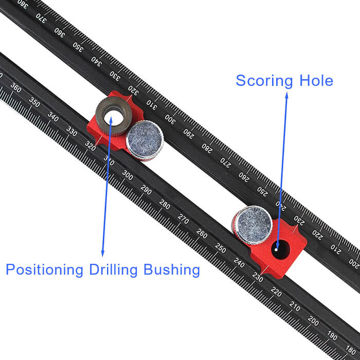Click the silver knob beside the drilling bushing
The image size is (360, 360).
[145, 140]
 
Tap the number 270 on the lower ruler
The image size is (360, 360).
[183, 217]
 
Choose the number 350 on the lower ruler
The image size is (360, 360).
[34, 101]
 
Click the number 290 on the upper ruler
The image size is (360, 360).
[189, 135]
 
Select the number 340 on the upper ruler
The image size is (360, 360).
[96, 61]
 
